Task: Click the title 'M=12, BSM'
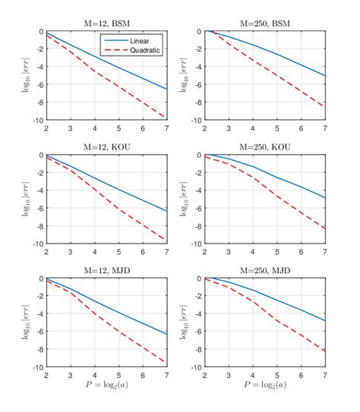(x=105, y=24)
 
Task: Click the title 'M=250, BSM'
(x=264, y=24)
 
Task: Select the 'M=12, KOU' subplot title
(x=105, y=147)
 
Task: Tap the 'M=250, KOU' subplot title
(x=264, y=147)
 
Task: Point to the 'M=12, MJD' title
(x=105, y=271)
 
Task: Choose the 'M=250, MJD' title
(x=264, y=271)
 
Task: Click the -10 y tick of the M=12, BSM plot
(x=36, y=121)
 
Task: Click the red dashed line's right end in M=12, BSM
(x=166, y=118)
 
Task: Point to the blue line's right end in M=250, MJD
(x=325, y=321)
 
